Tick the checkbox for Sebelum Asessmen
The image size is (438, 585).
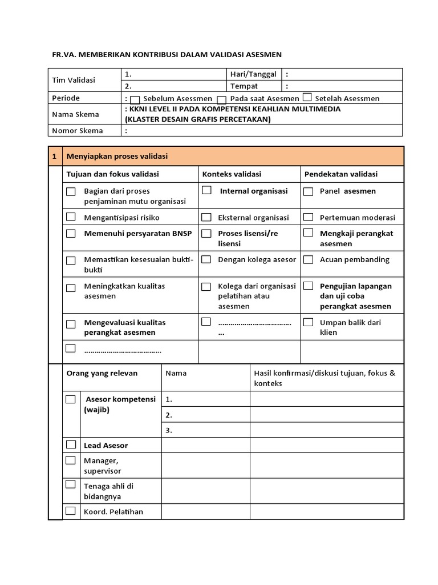click(135, 99)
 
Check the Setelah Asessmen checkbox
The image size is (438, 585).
click(307, 98)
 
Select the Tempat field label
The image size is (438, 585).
click(244, 86)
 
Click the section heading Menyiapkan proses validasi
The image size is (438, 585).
click(117, 156)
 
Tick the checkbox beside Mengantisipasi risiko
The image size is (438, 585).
click(71, 217)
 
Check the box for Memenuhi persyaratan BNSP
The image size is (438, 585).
click(71, 233)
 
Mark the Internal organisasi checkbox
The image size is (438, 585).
click(206, 190)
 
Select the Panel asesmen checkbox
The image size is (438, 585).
click(309, 191)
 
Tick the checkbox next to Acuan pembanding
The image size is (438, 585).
click(309, 259)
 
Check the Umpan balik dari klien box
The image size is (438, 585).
click(309, 322)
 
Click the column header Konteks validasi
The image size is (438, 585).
click(232, 174)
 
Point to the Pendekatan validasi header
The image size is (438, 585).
click(340, 174)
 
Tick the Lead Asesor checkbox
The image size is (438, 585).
click(71, 444)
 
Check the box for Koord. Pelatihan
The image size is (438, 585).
click(71, 511)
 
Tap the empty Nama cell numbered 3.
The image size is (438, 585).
click(205, 430)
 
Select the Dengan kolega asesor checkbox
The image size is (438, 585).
click(206, 259)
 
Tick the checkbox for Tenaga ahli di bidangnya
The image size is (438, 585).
click(71, 484)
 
